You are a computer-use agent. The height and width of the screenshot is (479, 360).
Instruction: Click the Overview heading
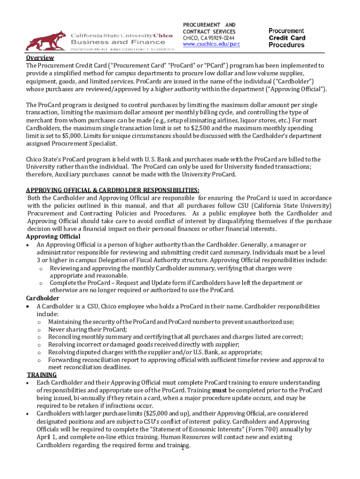[40, 58]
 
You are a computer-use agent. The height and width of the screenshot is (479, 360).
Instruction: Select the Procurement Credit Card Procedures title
[287, 38]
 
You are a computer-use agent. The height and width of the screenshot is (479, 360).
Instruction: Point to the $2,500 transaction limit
[215, 128]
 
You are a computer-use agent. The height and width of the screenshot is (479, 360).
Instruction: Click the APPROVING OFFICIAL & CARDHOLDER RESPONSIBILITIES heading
[112, 190]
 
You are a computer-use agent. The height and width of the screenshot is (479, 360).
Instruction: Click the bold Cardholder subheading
[43, 298]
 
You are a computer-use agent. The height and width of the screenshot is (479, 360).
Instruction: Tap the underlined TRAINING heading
[39, 375]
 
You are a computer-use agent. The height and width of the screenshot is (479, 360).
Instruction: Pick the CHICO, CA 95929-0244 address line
[209, 38]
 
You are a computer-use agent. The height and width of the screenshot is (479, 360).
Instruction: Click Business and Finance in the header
[102, 42]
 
